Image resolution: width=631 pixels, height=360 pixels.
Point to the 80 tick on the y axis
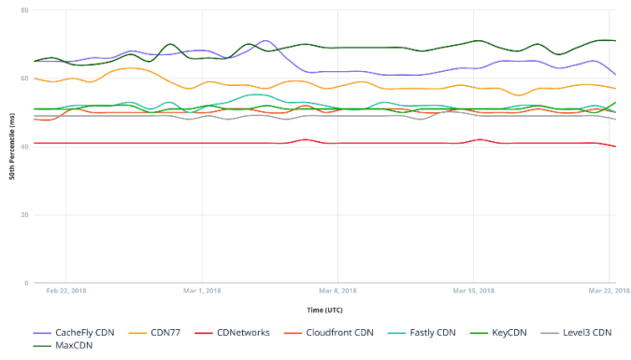tap(24, 10)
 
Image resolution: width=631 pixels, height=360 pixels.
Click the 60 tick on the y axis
tap(24, 79)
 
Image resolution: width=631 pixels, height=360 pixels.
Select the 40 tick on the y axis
tap(24, 147)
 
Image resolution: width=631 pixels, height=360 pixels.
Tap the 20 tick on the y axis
tap(24, 215)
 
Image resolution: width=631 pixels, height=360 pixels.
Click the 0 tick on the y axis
tap(26, 283)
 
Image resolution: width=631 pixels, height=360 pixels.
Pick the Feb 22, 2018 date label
tap(66, 291)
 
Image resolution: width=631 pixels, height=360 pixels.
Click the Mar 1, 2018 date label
tap(202, 291)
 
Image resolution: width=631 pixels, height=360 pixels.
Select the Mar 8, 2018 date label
tap(338, 291)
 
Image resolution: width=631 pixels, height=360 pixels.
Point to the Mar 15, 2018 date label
tap(473, 291)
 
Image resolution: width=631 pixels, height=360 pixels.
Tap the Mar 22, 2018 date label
tap(609, 291)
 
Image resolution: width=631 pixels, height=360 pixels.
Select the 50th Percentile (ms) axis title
tap(11, 148)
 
